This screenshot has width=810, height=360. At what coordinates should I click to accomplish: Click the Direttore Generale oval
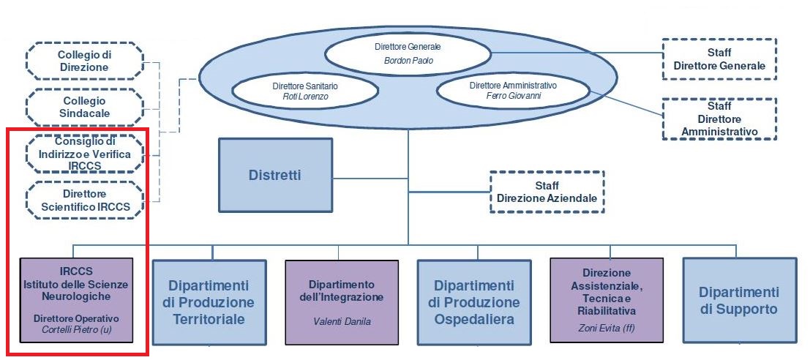point(408,53)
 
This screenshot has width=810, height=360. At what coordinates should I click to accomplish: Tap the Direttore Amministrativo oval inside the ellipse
point(513,90)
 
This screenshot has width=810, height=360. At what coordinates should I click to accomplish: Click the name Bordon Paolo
point(408,61)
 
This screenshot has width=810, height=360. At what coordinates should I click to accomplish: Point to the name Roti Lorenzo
point(305,97)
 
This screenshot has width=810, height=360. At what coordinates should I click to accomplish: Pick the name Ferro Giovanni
point(513,96)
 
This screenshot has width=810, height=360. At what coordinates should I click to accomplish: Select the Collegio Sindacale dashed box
point(84,106)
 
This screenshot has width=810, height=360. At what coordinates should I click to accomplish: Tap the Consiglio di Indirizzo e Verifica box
point(84,153)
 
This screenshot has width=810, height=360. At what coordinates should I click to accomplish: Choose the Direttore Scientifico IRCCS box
point(84,200)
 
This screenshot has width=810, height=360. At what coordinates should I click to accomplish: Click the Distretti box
point(275,175)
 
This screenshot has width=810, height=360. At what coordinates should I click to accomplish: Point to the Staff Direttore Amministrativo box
point(719,119)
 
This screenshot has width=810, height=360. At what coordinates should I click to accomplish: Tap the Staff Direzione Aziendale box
point(547,192)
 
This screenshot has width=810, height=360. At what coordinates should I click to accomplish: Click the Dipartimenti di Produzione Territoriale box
point(213,301)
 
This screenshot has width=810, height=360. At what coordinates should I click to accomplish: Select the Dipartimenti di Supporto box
point(738,300)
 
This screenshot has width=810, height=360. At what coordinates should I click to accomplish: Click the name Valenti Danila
point(341,321)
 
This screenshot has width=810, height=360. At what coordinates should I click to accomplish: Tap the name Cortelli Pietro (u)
point(77,330)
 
